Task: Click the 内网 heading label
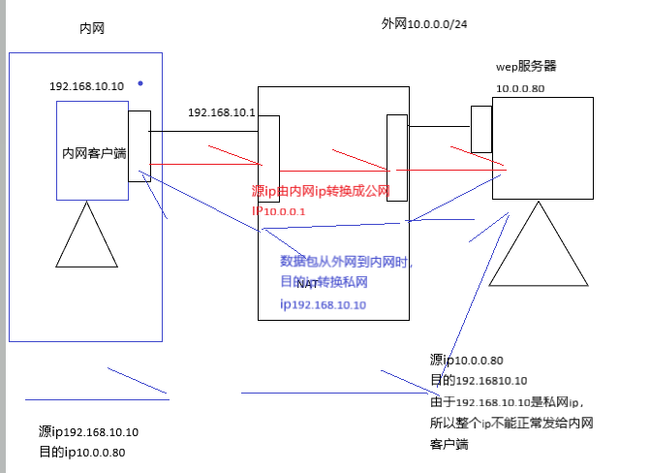click(x=91, y=29)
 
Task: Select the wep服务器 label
click(x=525, y=67)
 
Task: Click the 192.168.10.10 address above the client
click(x=86, y=86)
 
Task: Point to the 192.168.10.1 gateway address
click(x=221, y=112)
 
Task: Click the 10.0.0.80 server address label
click(x=520, y=89)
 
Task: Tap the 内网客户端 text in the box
click(x=93, y=153)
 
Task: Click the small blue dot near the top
click(x=140, y=83)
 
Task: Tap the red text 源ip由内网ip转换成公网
click(x=321, y=192)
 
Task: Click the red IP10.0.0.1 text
click(x=279, y=211)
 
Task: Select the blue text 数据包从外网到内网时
click(x=346, y=261)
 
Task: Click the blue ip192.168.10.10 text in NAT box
click(x=323, y=304)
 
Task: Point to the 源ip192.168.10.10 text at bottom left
click(x=88, y=432)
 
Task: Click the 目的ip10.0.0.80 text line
click(x=81, y=452)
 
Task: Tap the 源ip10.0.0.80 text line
click(x=466, y=360)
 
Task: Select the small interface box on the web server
click(x=481, y=129)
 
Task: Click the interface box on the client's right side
click(x=139, y=145)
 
